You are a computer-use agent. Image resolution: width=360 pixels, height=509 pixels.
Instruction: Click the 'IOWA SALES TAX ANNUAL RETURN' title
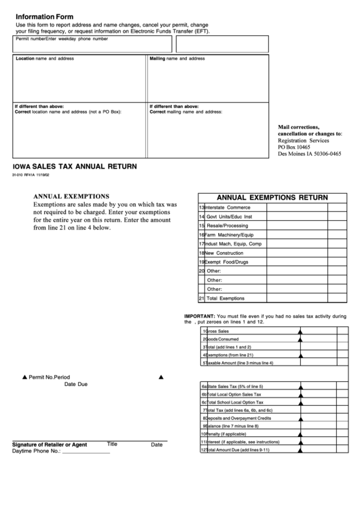click(75, 166)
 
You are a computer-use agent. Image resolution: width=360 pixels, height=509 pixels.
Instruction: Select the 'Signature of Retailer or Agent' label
click(50, 444)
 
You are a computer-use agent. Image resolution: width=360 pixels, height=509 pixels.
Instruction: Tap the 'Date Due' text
click(76, 385)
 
